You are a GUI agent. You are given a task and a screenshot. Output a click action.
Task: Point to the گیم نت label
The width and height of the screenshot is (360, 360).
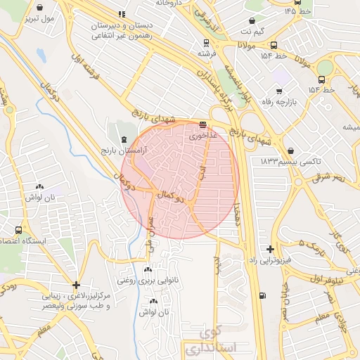pos(255,32)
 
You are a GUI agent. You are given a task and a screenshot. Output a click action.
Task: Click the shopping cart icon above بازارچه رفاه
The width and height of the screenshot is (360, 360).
pos(279,91)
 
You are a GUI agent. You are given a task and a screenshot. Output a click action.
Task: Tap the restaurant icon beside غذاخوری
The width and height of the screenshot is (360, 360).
pos(202,126)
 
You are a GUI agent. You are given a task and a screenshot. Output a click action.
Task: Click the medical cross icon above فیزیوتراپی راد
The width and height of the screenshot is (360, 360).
pos(271,249)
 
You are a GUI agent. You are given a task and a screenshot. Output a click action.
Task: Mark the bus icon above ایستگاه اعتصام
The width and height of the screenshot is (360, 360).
pos(18,230)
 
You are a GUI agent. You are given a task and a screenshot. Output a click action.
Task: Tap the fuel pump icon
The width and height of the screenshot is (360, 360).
pos(262,295)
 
